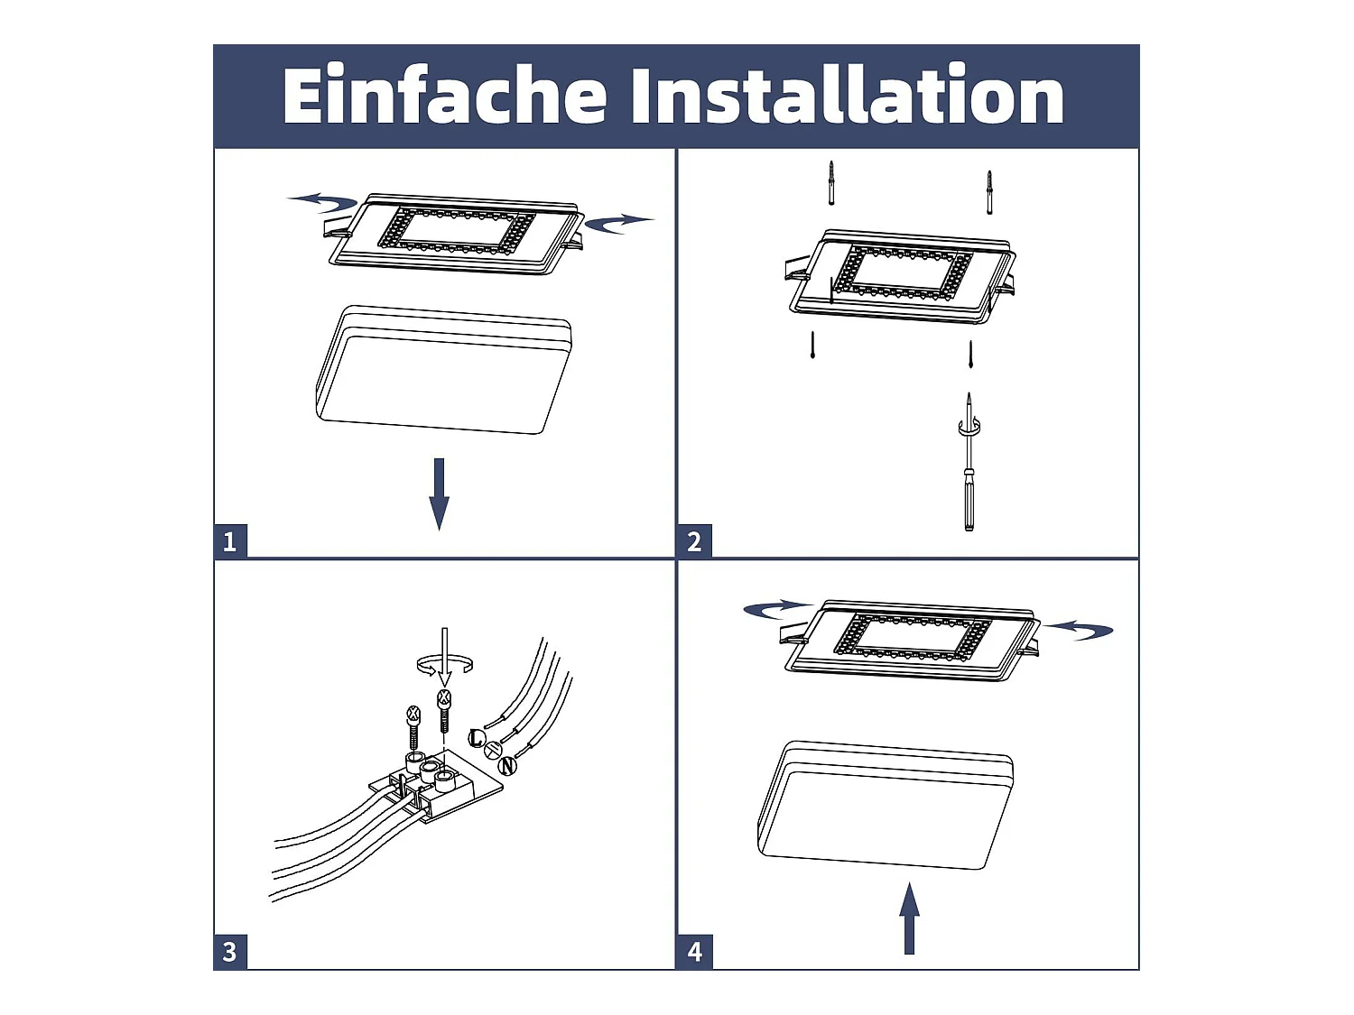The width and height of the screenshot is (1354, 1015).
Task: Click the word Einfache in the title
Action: [445, 95]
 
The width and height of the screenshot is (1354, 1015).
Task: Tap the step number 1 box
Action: [230, 541]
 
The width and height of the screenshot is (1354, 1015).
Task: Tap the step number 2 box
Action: [694, 541]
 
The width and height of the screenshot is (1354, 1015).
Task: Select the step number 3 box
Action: [230, 952]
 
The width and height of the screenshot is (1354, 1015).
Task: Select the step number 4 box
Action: [694, 952]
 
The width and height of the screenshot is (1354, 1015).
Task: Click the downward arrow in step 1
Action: [440, 494]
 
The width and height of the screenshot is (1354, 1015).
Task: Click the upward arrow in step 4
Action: [909, 918]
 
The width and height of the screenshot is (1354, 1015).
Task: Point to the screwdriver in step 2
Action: [969, 461]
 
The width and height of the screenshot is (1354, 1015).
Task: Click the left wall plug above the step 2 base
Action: [831, 183]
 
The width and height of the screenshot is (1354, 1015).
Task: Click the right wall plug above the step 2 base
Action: [989, 192]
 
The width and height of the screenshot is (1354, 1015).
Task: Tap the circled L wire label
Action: [477, 738]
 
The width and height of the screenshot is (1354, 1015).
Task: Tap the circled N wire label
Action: [507, 766]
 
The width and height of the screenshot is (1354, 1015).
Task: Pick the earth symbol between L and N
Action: [493, 750]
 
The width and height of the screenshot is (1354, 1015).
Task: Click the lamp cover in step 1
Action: [443, 370]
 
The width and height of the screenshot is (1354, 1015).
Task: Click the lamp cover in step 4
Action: [886, 805]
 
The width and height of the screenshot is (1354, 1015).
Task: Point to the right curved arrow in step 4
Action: [1079, 630]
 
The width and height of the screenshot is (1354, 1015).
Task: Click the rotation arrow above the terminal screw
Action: [445, 665]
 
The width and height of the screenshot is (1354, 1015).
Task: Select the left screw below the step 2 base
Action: [813, 346]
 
